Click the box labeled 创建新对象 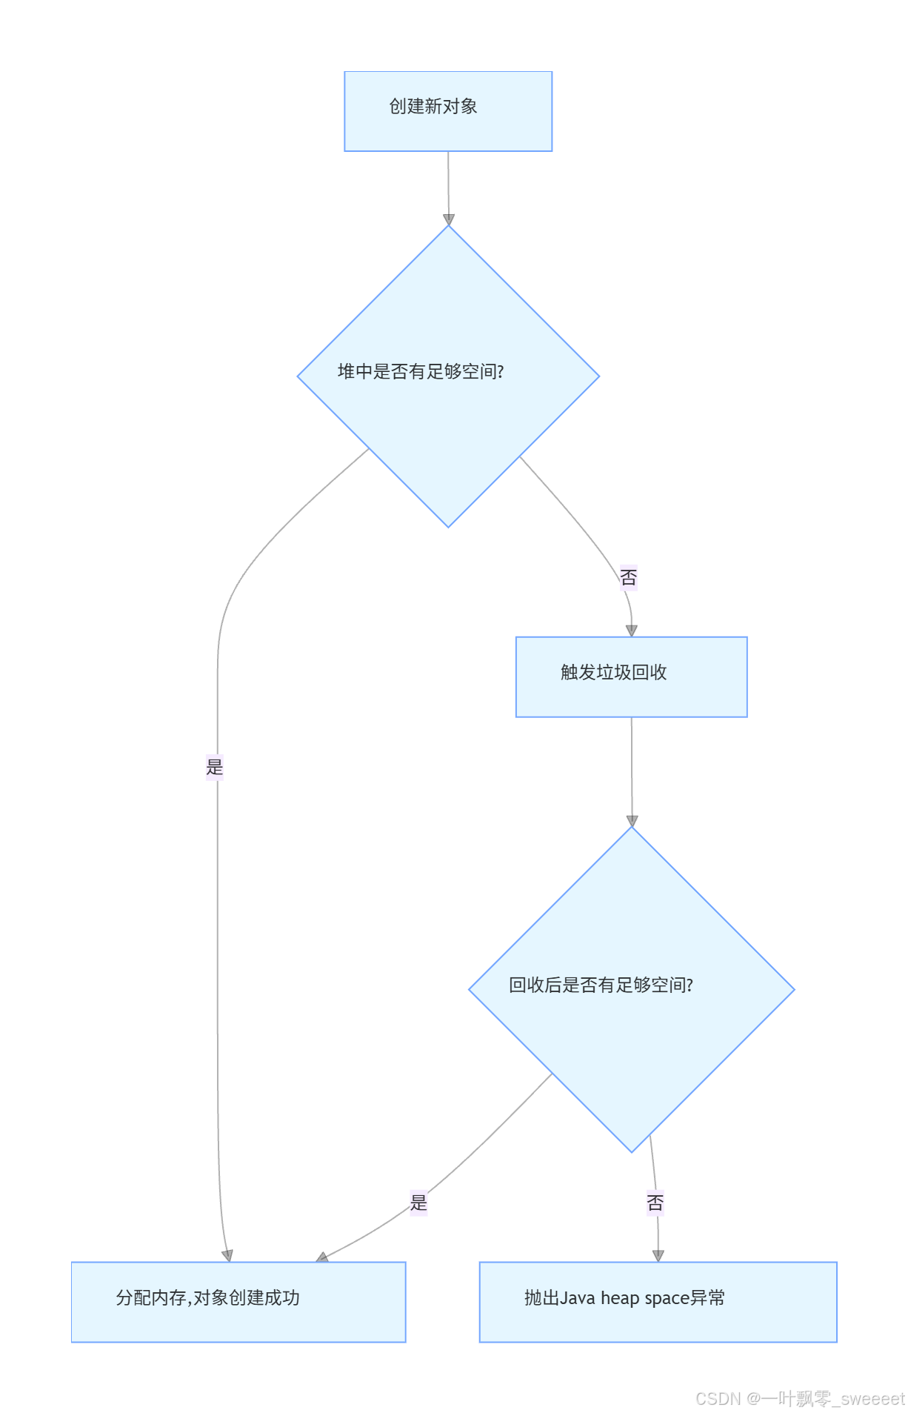point(448,111)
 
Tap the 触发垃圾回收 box point(631,676)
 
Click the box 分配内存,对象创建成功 point(238,1301)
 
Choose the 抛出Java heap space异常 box point(658,1301)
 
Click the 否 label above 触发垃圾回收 point(629,577)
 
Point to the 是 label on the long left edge point(215,767)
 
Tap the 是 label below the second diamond point(419,1202)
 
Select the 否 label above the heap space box point(655,1203)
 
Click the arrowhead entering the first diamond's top point(449,219)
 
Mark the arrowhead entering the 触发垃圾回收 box point(632,631)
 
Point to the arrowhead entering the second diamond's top point(632,821)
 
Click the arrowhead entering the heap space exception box point(658,1255)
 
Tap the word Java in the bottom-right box point(578,1298)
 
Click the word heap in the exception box point(620,1298)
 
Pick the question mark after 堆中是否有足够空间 point(501,371)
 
